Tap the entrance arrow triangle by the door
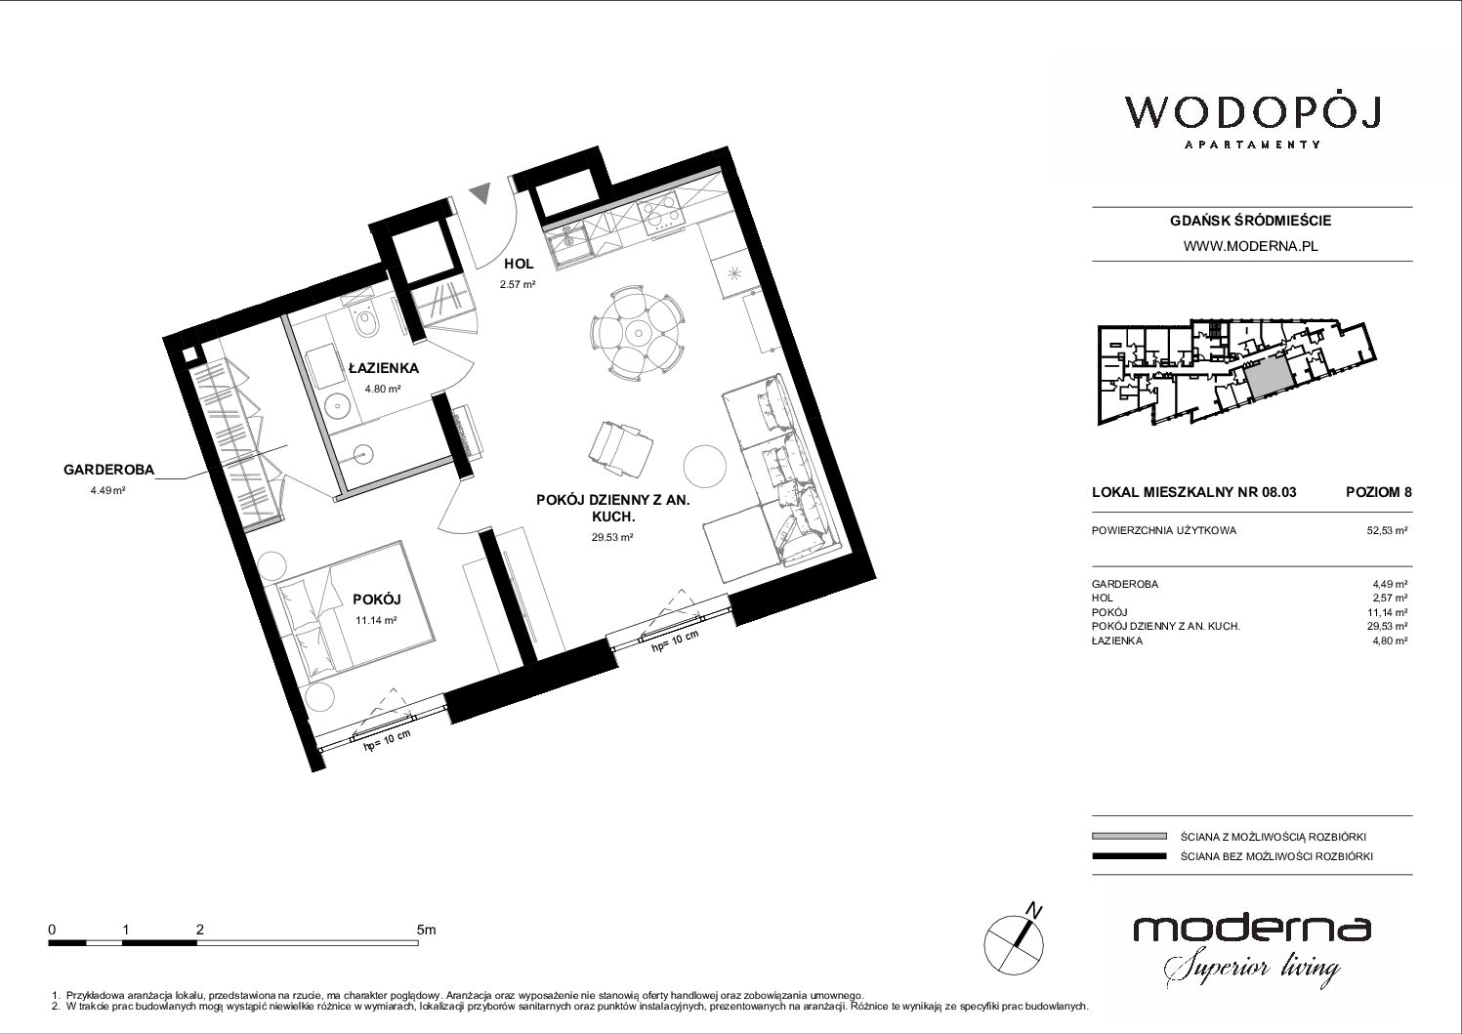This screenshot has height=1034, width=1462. (x=481, y=192)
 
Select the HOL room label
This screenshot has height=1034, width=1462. (x=519, y=264)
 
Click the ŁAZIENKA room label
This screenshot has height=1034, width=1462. (x=384, y=368)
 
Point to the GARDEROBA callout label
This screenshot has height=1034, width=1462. (x=109, y=469)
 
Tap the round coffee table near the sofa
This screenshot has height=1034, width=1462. (x=705, y=465)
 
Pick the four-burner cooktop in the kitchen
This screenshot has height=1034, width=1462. (x=660, y=213)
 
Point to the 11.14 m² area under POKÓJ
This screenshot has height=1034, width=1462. (x=376, y=620)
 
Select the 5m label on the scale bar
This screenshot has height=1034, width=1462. (x=426, y=930)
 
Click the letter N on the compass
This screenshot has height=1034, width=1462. (x=1034, y=909)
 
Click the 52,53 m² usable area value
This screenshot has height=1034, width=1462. (x=1387, y=530)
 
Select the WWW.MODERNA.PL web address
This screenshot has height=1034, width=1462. (x=1250, y=246)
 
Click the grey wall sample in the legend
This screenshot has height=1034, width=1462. (x=1129, y=836)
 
